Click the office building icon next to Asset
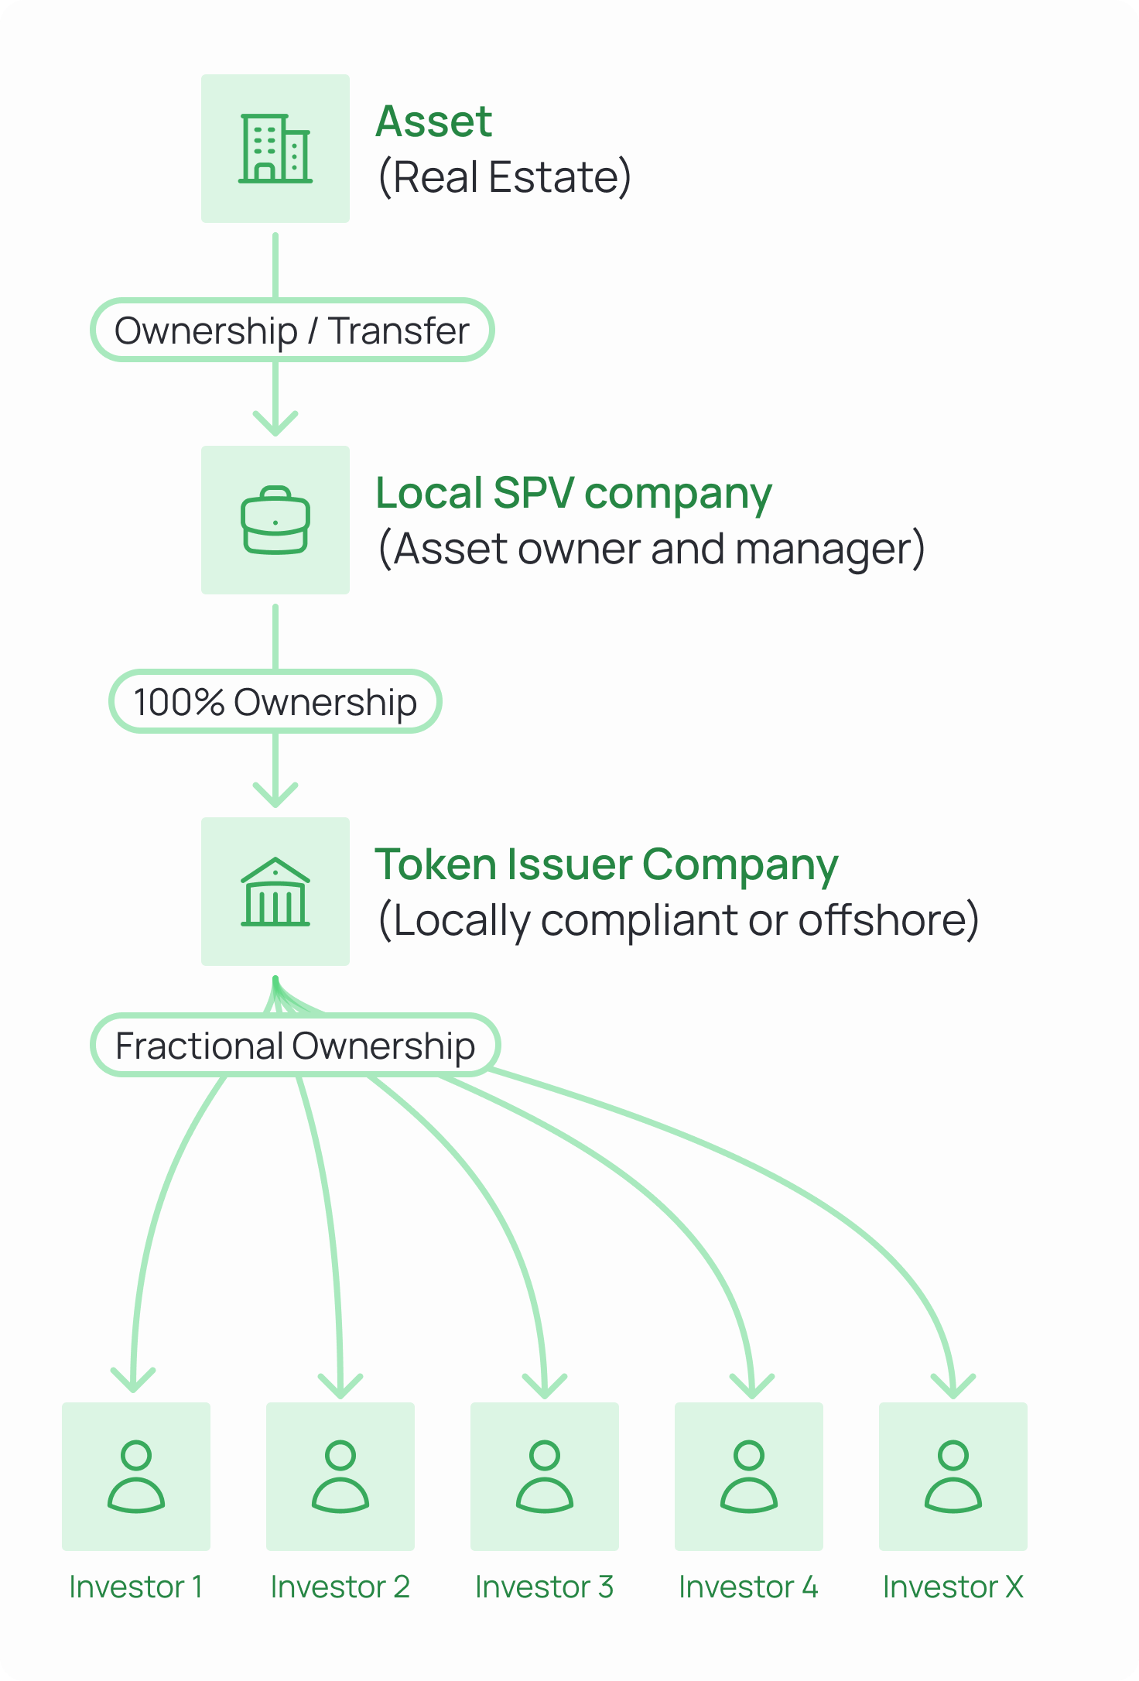pos(275,149)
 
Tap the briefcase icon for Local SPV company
pos(275,520)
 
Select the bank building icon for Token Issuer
pos(275,892)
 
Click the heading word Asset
pos(433,122)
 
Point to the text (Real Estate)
pos(505,177)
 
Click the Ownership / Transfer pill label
pos(292,330)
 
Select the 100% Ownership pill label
pos(275,702)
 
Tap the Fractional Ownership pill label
pos(295,1046)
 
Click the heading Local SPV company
pos(573,493)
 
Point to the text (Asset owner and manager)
pos(652,549)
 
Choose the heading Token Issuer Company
pos(606,864)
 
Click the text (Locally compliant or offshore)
pos(679,920)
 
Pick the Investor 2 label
pos(340,1587)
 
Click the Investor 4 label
pos(749,1587)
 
